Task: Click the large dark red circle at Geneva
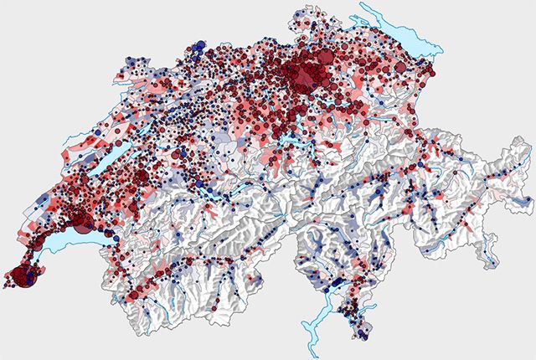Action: tap(22, 275)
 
